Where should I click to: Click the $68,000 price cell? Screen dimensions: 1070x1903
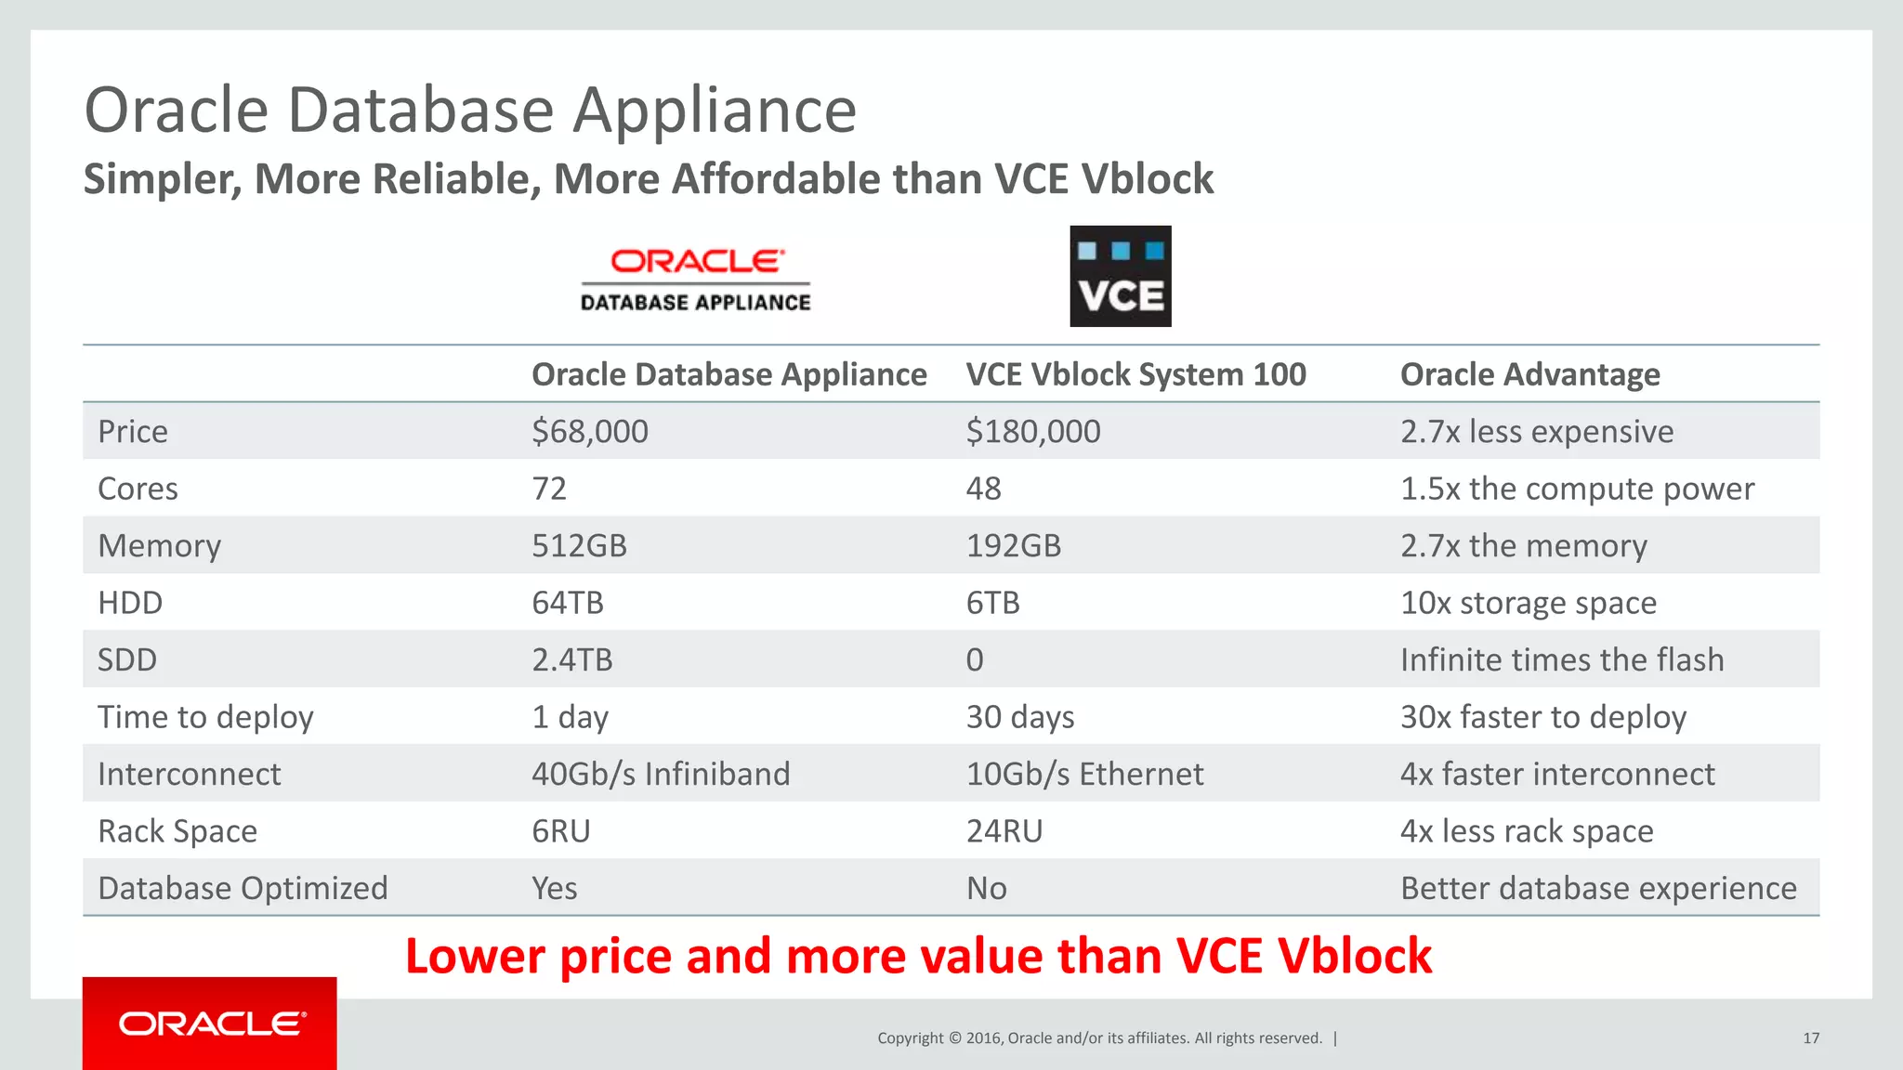coord(590,432)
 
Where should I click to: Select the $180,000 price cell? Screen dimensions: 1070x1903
coord(1033,432)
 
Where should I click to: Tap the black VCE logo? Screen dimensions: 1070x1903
coord(1120,276)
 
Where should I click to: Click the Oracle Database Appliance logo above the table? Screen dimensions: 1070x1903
coord(696,279)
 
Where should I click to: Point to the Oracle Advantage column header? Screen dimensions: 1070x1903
coord(1529,374)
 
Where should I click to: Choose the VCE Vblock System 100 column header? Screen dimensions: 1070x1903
coord(1135,374)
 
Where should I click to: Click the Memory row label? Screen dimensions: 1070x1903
coord(160,546)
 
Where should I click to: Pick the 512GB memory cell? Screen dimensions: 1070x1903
coord(579,546)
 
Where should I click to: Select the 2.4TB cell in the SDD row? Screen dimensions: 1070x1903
coord(572,660)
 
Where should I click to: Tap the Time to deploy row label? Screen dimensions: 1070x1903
coord(205,717)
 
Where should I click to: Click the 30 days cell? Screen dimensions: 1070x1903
coord(1020,717)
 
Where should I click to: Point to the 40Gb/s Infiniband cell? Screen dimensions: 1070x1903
coord(661,775)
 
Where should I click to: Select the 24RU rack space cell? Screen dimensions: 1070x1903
coord(1004,831)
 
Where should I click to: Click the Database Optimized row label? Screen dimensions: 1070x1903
coord(243,889)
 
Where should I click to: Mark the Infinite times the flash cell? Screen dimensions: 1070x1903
coord(1562,660)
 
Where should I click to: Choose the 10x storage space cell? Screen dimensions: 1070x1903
coord(1529,604)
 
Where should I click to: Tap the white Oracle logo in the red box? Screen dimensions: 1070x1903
coord(212,1024)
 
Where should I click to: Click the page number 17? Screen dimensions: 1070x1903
coord(1811,1038)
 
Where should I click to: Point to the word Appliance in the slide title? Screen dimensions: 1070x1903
coord(714,111)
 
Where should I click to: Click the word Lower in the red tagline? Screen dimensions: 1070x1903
coord(475,957)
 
